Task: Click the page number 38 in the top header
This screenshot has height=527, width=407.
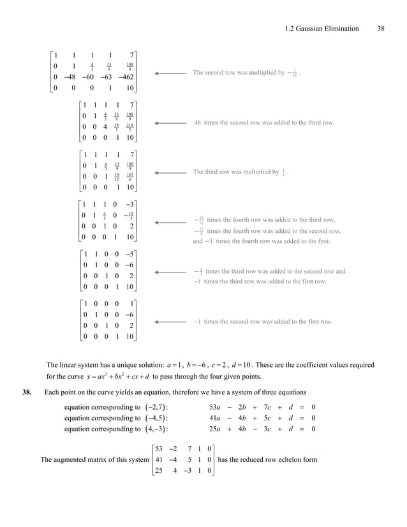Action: click(x=381, y=28)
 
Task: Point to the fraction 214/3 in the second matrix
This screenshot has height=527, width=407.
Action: click(x=129, y=128)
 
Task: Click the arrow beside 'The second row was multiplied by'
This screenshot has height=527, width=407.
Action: click(x=170, y=73)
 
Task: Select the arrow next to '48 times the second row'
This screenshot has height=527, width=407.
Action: click(x=170, y=122)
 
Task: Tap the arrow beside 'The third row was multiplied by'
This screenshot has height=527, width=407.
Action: click(x=170, y=172)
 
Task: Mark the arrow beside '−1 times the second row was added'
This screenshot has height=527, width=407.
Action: click(x=170, y=322)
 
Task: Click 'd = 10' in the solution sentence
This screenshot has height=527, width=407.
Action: click(x=260, y=365)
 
